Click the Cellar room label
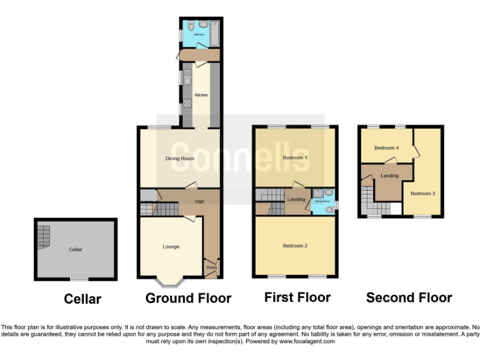click(76, 249)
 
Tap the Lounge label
click(171, 247)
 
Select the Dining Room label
click(179, 159)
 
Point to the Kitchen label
click(201, 95)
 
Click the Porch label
click(211, 267)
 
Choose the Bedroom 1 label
click(295, 157)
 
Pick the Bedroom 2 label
click(295, 246)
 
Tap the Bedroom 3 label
click(422, 194)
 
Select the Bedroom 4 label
click(386, 148)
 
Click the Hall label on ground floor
click(199, 202)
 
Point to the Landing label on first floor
click(296, 199)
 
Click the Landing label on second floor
click(389, 176)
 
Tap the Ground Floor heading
click(188, 299)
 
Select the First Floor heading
click(297, 297)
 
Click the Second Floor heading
click(409, 297)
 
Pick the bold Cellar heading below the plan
click(82, 299)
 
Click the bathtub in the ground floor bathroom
click(215, 33)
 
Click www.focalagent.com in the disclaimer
click(307, 341)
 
